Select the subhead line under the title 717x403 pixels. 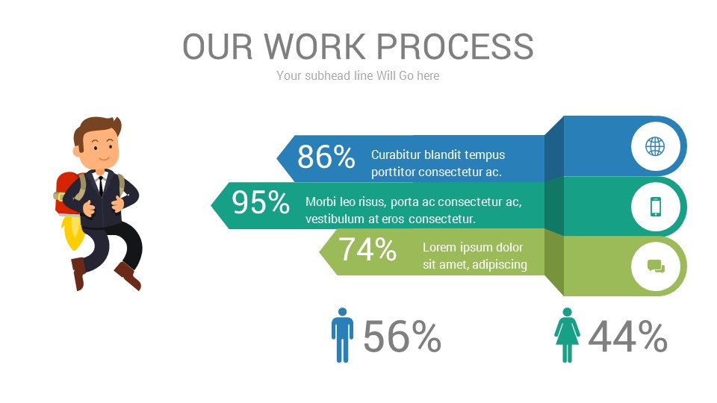[358, 75]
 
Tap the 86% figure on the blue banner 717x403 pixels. [326, 157]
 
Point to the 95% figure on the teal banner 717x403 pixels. [261, 202]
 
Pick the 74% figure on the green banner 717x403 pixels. [367, 250]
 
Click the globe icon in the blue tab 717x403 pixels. [655, 146]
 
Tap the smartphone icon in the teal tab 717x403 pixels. [656, 206]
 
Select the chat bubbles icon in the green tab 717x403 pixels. [656, 266]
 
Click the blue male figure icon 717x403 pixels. [342, 335]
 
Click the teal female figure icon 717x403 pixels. [567, 335]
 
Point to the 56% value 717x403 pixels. [403, 337]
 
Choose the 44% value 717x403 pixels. [627, 337]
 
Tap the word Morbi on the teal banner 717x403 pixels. [321, 202]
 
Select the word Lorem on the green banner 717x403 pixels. [439, 248]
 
